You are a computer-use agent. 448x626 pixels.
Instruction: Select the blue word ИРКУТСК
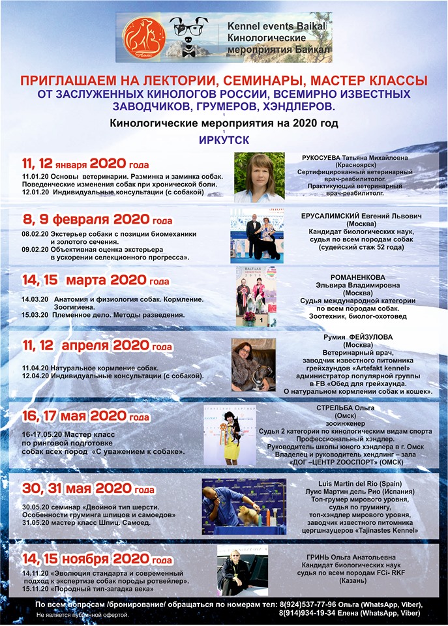(224, 140)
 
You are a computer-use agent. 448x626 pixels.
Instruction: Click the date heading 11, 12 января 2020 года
(85, 164)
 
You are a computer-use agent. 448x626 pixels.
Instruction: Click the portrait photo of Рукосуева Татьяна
(259, 177)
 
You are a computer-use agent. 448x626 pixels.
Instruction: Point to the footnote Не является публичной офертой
(82, 615)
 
